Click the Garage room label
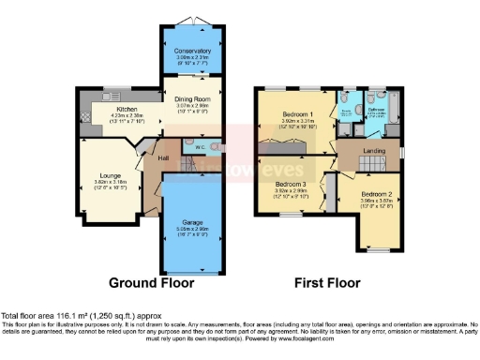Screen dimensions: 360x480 click(x=192, y=220)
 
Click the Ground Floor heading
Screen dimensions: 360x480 click(x=152, y=282)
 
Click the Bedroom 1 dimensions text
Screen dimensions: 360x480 click(x=299, y=123)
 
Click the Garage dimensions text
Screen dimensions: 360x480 click(x=192, y=229)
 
